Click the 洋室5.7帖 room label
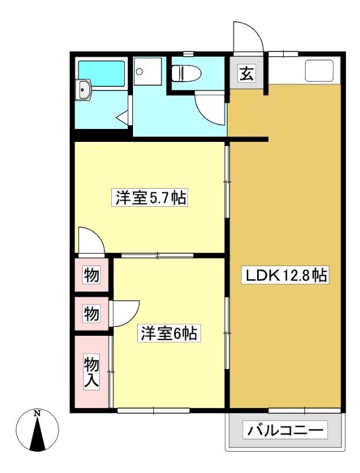[x=150, y=197]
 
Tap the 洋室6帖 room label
[x=169, y=333]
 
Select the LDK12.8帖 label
[x=286, y=275]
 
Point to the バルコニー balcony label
[x=286, y=430]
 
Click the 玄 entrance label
[x=246, y=73]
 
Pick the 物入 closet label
[x=91, y=372]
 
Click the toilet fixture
[x=186, y=73]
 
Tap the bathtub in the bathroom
[x=102, y=73]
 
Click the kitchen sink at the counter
[x=320, y=71]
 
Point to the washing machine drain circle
[x=139, y=72]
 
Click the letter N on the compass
[x=37, y=413]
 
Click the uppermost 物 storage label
[x=91, y=275]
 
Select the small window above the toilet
[x=188, y=54]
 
